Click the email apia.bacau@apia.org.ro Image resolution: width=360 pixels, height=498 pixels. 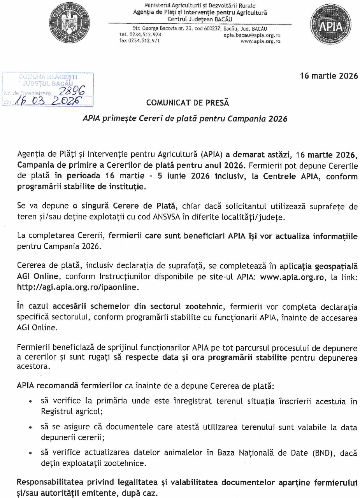252,35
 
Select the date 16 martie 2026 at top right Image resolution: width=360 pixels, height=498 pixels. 329,76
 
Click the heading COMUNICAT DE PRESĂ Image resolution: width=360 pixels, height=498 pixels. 188,103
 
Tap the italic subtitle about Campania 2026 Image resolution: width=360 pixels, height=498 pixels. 184,119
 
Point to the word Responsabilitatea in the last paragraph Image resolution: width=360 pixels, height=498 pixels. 49,482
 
